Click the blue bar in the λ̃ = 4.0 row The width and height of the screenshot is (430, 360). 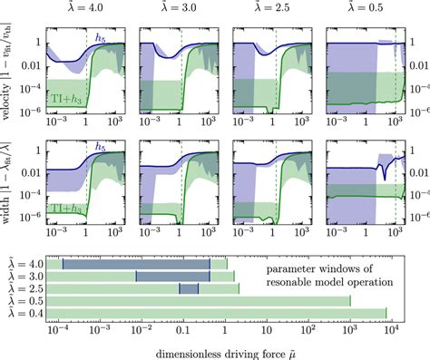(x=136, y=264)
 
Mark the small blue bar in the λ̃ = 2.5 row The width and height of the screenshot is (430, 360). (x=189, y=288)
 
